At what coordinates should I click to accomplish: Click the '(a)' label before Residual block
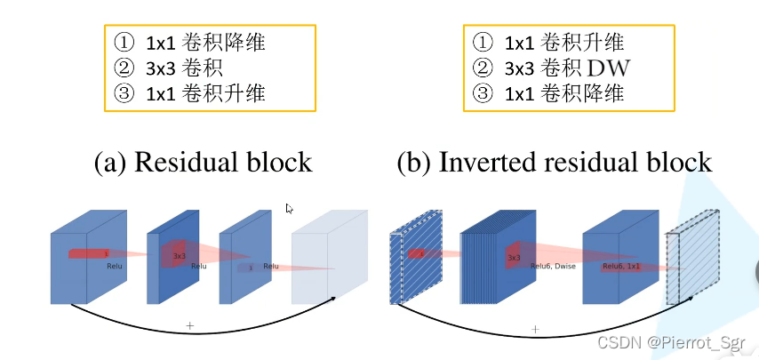(x=110, y=162)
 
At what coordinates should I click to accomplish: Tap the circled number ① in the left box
(x=123, y=41)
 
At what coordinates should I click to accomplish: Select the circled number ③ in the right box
(x=482, y=92)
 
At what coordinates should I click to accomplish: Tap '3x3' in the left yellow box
(x=158, y=67)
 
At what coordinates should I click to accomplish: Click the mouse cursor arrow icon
(x=290, y=209)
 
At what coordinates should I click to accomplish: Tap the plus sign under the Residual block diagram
(x=189, y=326)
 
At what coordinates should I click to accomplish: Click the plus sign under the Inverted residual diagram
(x=535, y=329)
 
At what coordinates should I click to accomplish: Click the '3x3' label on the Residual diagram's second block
(x=179, y=256)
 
